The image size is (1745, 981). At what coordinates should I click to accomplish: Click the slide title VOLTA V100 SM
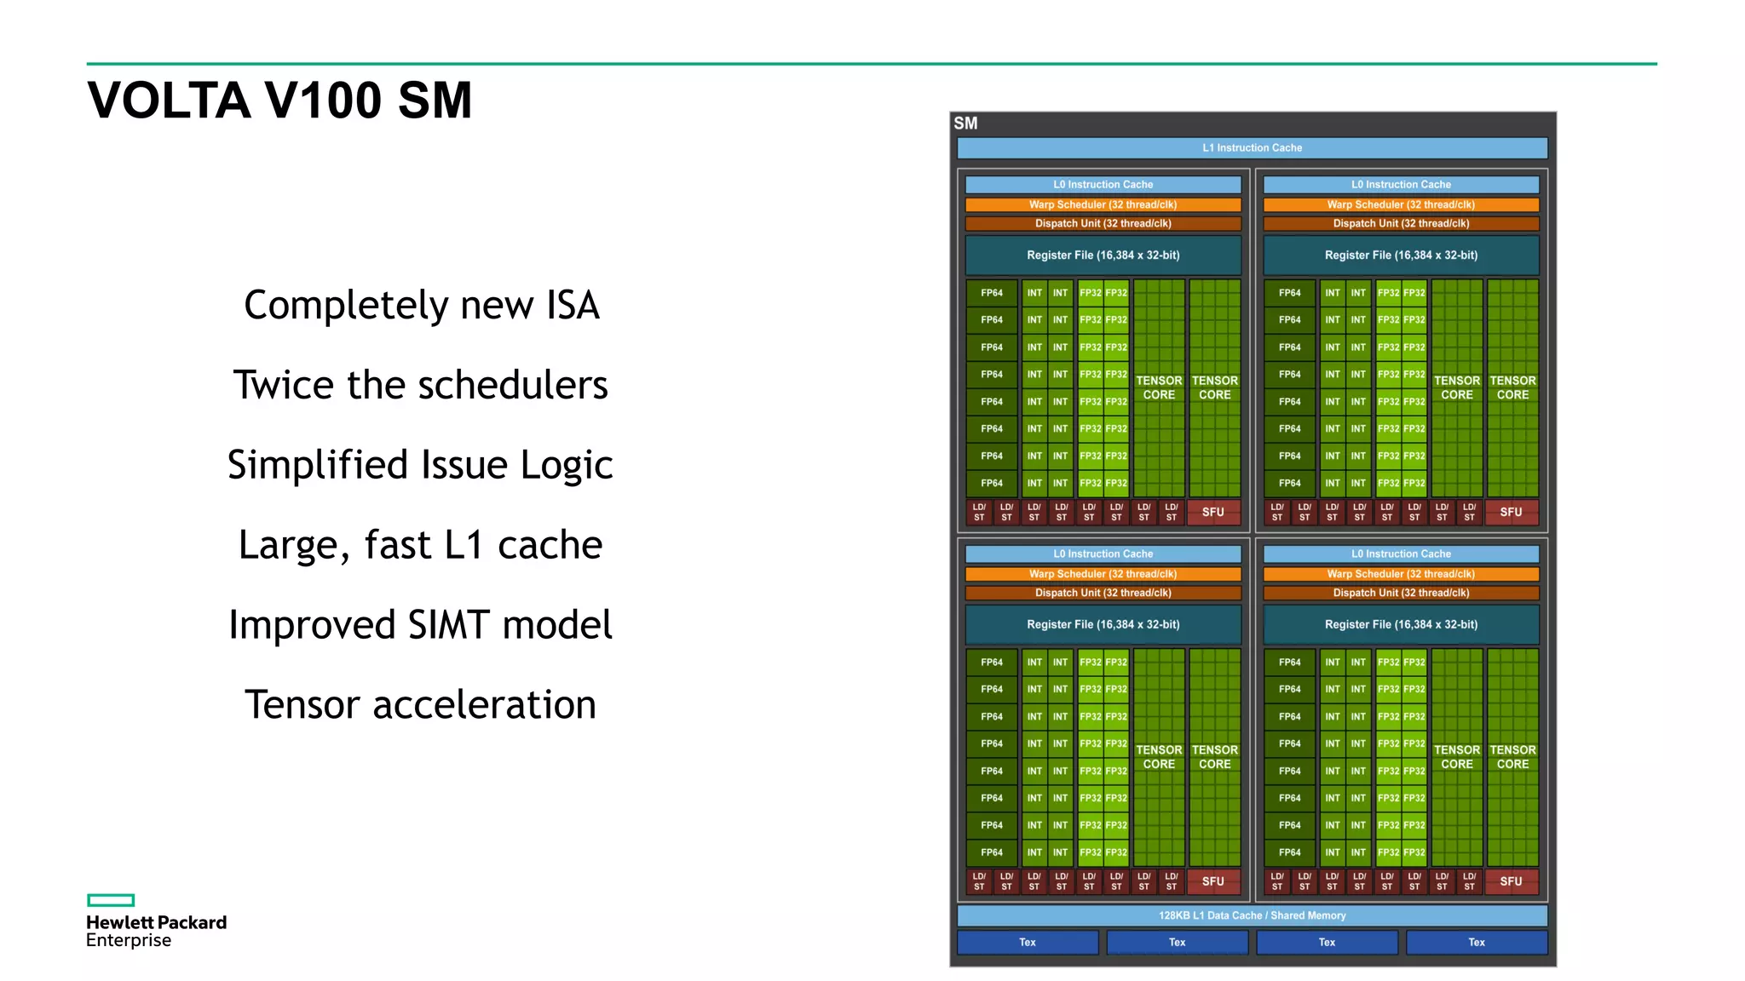279,100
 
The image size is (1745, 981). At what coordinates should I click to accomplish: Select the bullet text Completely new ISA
422,305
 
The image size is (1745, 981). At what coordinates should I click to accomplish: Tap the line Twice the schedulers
421,385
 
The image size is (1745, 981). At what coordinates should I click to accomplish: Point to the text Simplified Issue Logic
420,465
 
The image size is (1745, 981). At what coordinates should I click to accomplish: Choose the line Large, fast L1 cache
420,545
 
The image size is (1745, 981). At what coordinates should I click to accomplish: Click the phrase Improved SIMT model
420,625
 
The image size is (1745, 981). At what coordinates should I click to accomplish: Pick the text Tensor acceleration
420,705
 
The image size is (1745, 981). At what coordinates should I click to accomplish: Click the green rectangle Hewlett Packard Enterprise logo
111,900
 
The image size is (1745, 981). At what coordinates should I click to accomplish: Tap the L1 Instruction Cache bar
1252,148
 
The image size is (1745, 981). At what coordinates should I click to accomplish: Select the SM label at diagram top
965,123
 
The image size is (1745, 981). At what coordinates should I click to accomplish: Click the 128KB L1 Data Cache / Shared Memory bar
1252,915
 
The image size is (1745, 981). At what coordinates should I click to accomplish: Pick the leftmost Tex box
1028,942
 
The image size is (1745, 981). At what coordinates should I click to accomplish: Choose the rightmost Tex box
1476,942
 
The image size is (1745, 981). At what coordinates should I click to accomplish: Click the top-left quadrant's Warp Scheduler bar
1103,204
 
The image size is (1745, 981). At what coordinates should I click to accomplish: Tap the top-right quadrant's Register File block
1401,255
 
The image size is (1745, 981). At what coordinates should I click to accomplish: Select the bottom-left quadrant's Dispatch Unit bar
1103,593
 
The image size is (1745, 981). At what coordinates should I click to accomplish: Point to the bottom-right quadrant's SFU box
1511,881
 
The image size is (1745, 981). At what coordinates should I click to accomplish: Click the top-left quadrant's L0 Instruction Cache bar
1103,184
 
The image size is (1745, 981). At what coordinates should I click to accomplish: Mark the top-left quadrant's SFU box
1212,512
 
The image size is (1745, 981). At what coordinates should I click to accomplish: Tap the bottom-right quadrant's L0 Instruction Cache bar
1401,554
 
